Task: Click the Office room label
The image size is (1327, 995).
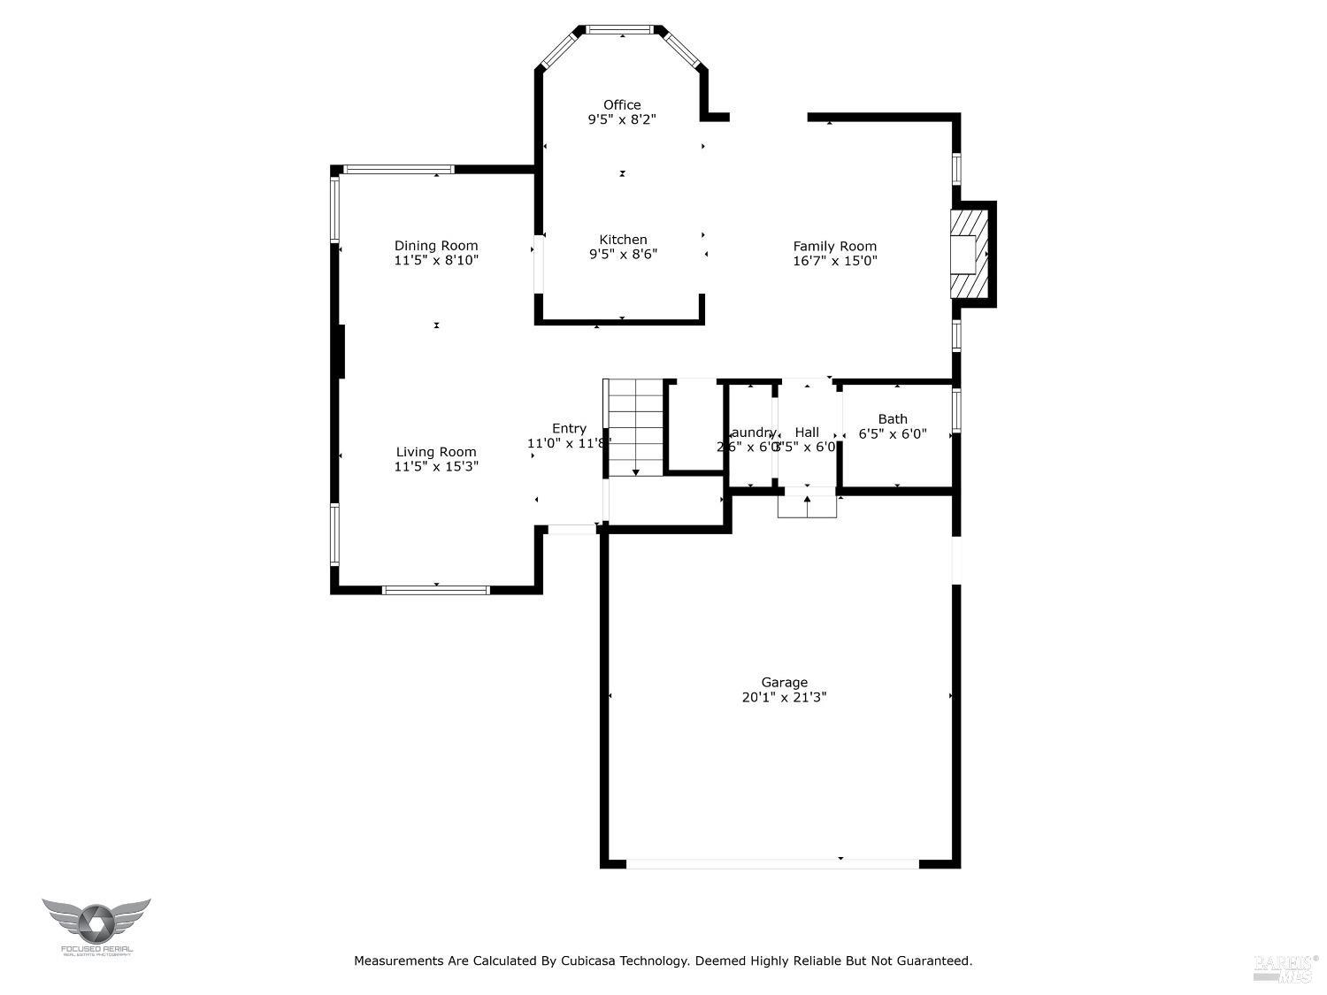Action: (x=622, y=105)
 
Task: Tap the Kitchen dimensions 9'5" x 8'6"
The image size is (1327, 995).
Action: (x=623, y=254)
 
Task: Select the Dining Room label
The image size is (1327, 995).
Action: (x=436, y=246)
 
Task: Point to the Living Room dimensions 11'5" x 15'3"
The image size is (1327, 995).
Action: (x=436, y=466)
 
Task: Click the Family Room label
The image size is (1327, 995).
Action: (x=834, y=247)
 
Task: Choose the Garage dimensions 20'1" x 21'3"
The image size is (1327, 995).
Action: (x=785, y=697)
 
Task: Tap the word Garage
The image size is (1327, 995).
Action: (x=785, y=682)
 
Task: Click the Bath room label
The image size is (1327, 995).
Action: (x=893, y=419)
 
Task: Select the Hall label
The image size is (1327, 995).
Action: (x=807, y=432)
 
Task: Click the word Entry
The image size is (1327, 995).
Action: (x=569, y=429)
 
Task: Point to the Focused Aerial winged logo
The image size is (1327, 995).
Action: (x=96, y=922)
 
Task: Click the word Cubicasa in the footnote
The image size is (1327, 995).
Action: (x=588, y=961)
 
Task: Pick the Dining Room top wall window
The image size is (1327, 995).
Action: (x=398, y=169)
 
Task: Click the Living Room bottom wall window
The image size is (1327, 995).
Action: (x=435, y=590)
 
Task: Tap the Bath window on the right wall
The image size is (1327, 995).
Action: (x=956, y=411)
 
